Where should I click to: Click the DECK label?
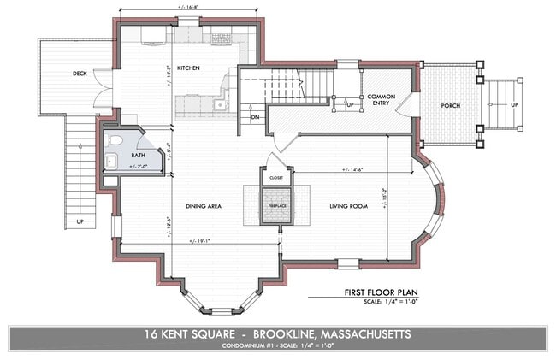coord(80,74)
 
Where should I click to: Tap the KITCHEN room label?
coord(187,68)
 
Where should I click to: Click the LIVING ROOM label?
coord(349,206)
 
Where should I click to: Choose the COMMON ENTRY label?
coord(380,101)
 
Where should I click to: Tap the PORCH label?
coord(451,105)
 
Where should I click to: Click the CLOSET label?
coord(276,178)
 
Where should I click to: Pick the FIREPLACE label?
coord(276,206)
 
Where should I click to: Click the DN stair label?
coord(255,117)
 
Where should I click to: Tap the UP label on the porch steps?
coord(514,104)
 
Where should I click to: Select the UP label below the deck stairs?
coord(80,221)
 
